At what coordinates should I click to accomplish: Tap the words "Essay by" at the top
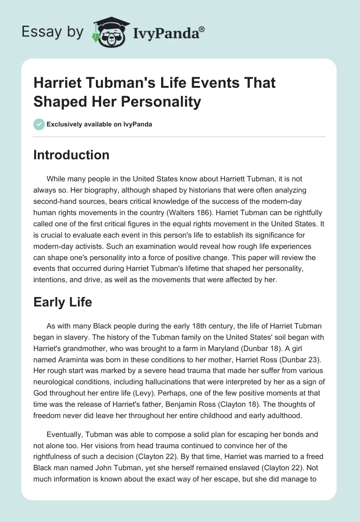pyautogui.click(x=53, y=32)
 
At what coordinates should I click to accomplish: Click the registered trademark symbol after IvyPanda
pyautogui.click(x=202, y=29)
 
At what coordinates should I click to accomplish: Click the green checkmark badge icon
pyautogui.click(x=39, y=124)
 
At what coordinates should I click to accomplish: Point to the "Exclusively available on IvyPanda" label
pyautogui.click(x=99, y=125)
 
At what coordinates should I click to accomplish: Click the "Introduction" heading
pyautogui.click(x=71, y=155)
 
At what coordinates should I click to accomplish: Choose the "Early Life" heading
pyautogui.click(x=63, y=302)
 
